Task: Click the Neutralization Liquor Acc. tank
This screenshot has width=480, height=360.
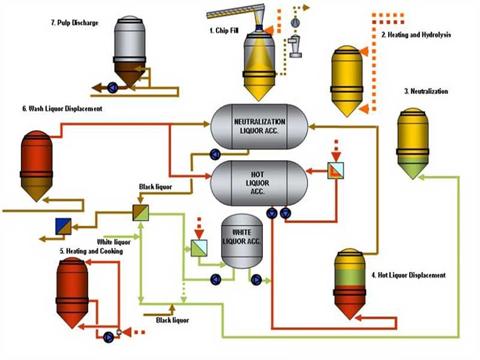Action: click(259, 126)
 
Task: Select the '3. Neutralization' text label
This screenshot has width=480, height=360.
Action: click(426, 91)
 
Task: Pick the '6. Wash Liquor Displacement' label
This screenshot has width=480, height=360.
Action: click(62, 109)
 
